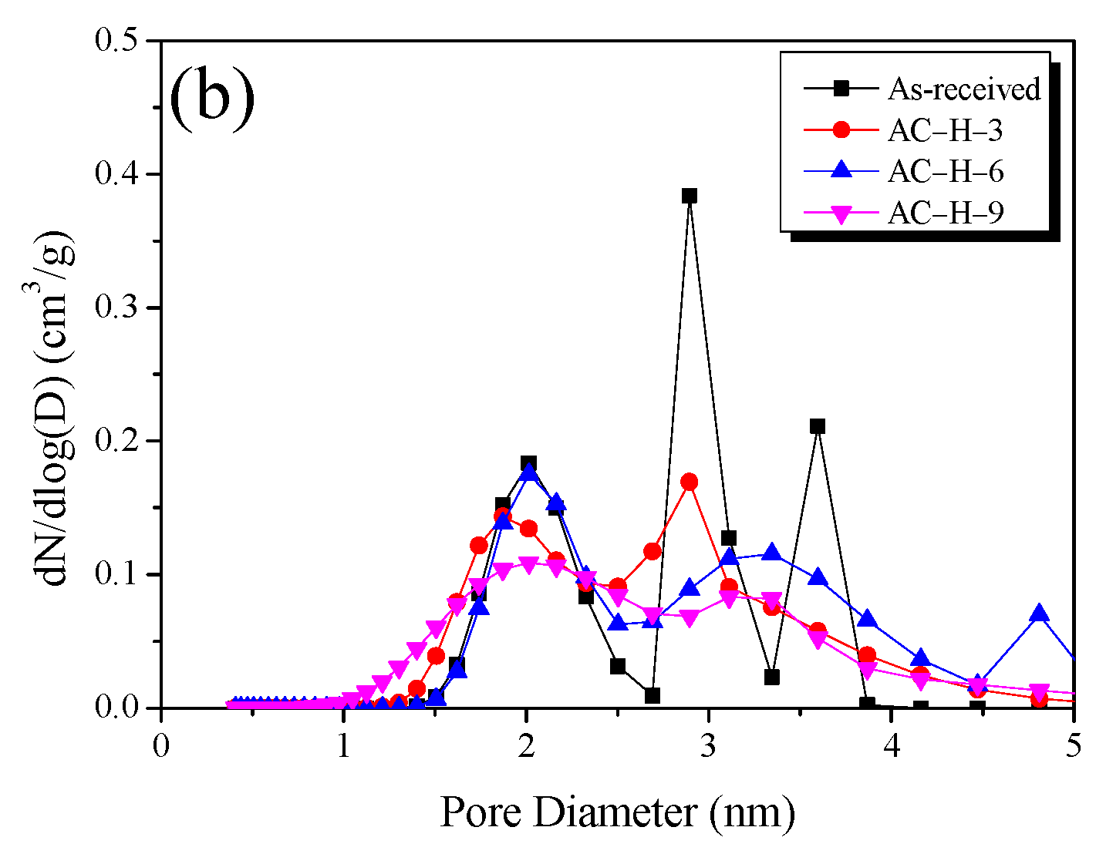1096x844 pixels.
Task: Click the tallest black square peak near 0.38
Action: click(x=689, y=196)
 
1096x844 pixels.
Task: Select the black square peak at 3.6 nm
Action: click(x=818, y=426)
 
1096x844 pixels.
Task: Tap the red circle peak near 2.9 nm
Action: click(x=689, y=483)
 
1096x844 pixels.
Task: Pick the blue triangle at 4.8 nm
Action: click(x=1039, y=613)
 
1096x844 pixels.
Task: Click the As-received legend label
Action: click(x=963, y=89)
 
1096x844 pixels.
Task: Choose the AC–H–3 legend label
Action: click(x=945, y=131)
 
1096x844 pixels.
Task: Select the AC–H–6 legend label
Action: click(x=946, y=172)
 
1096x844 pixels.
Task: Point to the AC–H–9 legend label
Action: click(x=946, y=213)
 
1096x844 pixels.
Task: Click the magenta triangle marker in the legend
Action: click(x=841, y=214)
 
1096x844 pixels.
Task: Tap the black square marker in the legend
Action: click(x=841, y=89)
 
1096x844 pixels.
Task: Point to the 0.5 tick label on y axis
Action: click(x=121, y=40)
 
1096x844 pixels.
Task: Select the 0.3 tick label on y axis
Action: click(x=121, y=308)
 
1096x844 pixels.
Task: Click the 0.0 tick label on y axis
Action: click(x=121, y=708)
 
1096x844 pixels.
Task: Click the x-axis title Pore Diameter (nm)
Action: click(x=617, y=812)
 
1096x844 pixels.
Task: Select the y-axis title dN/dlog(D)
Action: click(x=59, y=409)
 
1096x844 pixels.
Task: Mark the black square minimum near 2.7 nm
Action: click(x=652, y=695)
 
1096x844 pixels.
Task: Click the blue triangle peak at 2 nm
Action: click(x=528, y=472)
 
